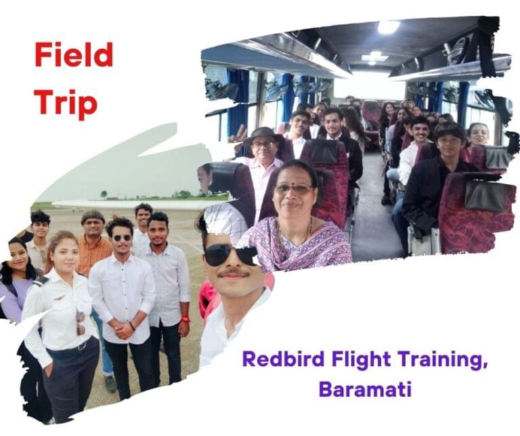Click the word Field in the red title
[74, 55]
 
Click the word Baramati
[365, 389]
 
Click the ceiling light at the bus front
[388, 27]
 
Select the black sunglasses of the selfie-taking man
[231, 255]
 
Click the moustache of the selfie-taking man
[234, 274]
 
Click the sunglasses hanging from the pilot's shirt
[81, 323]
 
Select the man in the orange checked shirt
[94, 242]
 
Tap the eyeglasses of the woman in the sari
[293, 190]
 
